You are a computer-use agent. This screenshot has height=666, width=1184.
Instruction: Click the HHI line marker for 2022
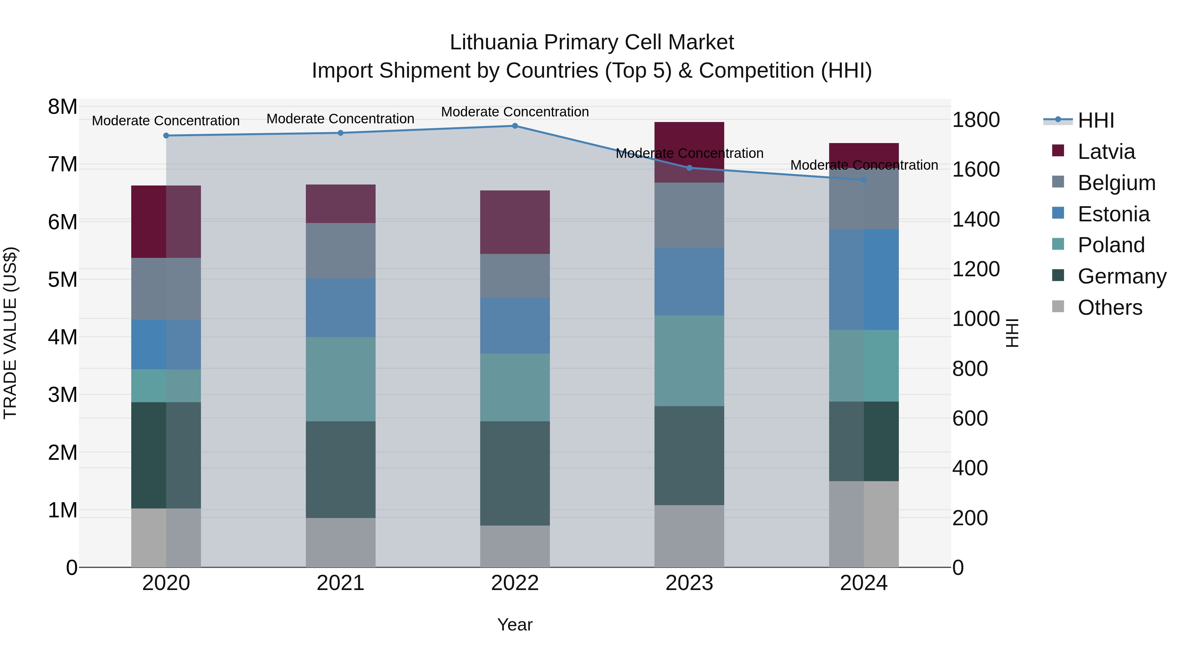(x=515, y=126)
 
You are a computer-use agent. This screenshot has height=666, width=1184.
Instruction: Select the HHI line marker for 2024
(x=864, y=180)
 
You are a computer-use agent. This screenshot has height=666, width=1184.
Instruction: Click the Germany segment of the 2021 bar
(x=341, y=469)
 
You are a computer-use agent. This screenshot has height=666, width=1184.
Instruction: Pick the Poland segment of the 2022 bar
(x=515, y=387)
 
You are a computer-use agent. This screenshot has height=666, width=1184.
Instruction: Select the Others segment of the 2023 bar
(x=689, y=536)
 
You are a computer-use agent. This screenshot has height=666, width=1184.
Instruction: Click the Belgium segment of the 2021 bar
(x=341, y=251)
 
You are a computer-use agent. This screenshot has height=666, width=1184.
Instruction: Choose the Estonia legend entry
(x=1113, y=214)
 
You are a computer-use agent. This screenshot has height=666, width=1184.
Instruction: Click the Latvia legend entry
(x=1106, y=152)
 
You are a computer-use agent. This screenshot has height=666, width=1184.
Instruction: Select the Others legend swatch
(x=1058, y=307)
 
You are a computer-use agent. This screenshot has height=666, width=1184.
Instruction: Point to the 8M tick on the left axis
(x=62, y=107)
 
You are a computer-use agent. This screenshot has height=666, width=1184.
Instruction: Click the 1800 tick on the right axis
(x=976, y=120)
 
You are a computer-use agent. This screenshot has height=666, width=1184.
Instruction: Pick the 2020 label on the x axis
(x=166, y=583)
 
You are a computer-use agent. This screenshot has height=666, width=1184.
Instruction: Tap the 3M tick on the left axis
(x=62, y=394)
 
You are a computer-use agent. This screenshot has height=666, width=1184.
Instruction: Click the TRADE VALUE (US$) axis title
(x=10, y=333)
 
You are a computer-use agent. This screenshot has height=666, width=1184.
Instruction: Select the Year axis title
(x=515, y=625)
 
